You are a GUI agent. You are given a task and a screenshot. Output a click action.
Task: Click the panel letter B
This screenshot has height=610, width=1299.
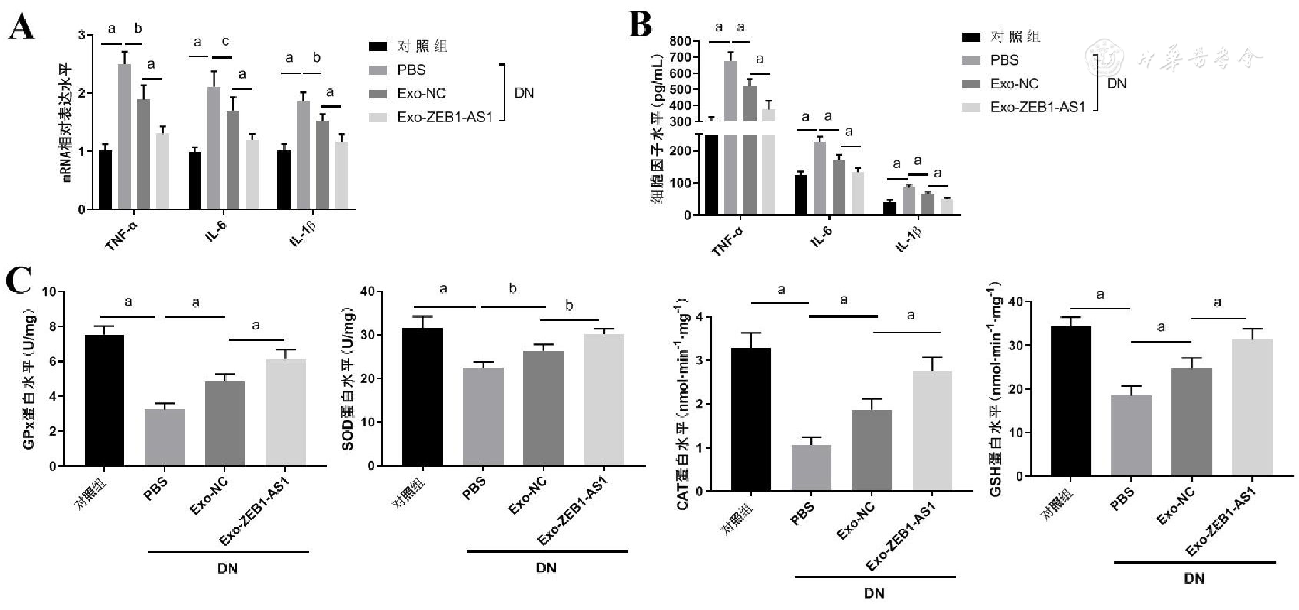click(x=639, y=25)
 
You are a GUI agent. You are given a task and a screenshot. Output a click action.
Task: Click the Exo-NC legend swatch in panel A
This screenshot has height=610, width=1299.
click(x=378, y=94)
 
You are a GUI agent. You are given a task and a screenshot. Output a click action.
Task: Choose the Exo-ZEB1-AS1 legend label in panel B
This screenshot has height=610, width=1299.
click(x=1037, y=108)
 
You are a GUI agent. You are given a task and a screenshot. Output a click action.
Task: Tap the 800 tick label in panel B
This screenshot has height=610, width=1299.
click(x=680, y=41)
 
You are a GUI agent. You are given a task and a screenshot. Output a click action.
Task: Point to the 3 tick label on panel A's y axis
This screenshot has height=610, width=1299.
click(x=81, y=35)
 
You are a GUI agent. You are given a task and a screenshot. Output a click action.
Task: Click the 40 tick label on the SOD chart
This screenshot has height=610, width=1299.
click(x=367, y=291)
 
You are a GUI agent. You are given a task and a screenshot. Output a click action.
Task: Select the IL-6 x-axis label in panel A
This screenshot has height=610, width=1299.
click(x=216, y=232)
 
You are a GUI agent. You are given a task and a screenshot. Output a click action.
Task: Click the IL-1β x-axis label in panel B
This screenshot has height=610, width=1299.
click(x=909, y=239)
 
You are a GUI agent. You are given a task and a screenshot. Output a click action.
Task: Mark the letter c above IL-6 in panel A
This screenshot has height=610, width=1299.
click(x=225, y=42)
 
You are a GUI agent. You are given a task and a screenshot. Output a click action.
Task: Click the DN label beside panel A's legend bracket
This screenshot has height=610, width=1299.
click(x=524, y=93)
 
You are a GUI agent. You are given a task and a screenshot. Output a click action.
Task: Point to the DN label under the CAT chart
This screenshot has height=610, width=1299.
click(x=874, y=592)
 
